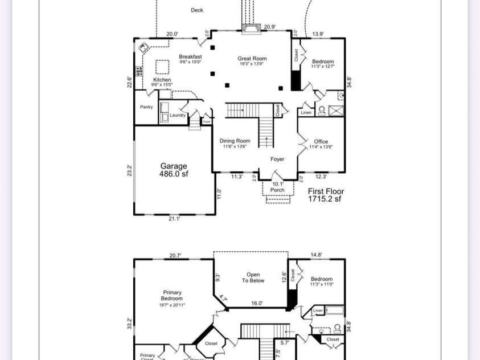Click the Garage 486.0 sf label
(174, 170)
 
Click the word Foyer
(277, 159)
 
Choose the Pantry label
(146, 107)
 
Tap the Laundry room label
(178, 115)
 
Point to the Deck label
(197, 10)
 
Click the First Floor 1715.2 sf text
(326, 195)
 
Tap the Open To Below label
(253, 277)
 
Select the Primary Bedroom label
(171, 296)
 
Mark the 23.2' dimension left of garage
(130, 170)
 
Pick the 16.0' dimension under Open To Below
(257, 304)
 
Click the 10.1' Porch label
(277, 187)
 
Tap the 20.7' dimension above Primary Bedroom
(175, 256)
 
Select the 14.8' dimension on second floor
(317, 256)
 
